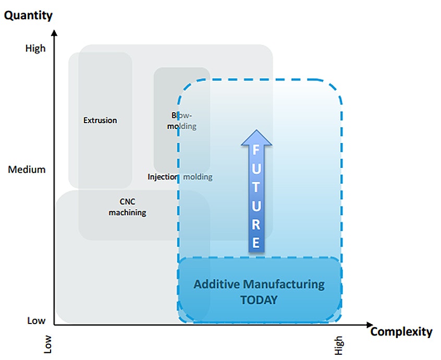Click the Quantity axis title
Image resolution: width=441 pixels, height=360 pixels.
click(x=28, y=16)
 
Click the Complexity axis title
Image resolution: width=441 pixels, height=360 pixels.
click(x=401, y=332)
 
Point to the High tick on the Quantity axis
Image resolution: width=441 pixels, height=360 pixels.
click(x=35, y=49)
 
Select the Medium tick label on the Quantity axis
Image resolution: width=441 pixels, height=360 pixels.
click(x=27, y=170)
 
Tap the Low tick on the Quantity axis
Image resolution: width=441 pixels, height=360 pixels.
click(x=36, y=321)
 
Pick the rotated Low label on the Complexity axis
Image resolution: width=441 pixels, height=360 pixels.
click(x=48, y=345)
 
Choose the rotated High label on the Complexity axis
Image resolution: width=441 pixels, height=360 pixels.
click(x=339, y=345)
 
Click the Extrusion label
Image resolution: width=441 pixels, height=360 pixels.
click(x=100, y=120)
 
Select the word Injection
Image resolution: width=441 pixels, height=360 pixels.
click(x=163, y=177)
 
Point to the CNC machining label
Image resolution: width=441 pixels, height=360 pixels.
click(x=127, y=208)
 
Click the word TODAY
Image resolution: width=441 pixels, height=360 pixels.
click(x=259, y=300)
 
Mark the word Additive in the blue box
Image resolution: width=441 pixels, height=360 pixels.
click(x=213, y=285)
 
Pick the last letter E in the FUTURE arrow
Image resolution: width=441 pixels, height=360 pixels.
click(x=255, y=242)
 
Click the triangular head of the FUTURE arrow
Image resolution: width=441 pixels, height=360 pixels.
click(x=255, y=137)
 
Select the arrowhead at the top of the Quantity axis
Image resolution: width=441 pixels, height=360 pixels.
click(x=54, y=34)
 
